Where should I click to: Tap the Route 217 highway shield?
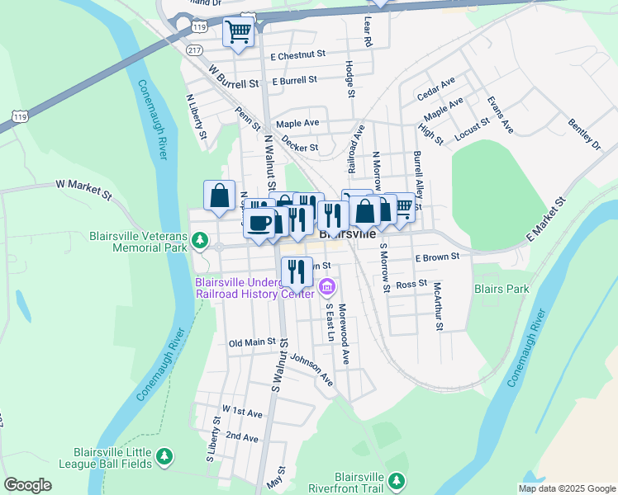(194, 51)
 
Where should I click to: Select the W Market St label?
(83, 190)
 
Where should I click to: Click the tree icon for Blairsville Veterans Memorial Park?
(199, 241)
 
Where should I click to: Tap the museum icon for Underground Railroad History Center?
(326, 288)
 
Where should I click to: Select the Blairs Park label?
(501, 290)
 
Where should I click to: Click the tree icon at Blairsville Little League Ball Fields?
(164, 455)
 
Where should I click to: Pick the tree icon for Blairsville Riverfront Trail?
(397, 480)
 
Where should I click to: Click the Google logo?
(28, 485)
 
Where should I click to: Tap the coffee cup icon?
(259, 223)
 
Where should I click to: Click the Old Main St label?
(252, 342)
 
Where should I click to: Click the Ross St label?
(410, 285)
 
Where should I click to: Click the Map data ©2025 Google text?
(565, 488)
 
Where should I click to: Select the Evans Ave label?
(500, 115)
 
